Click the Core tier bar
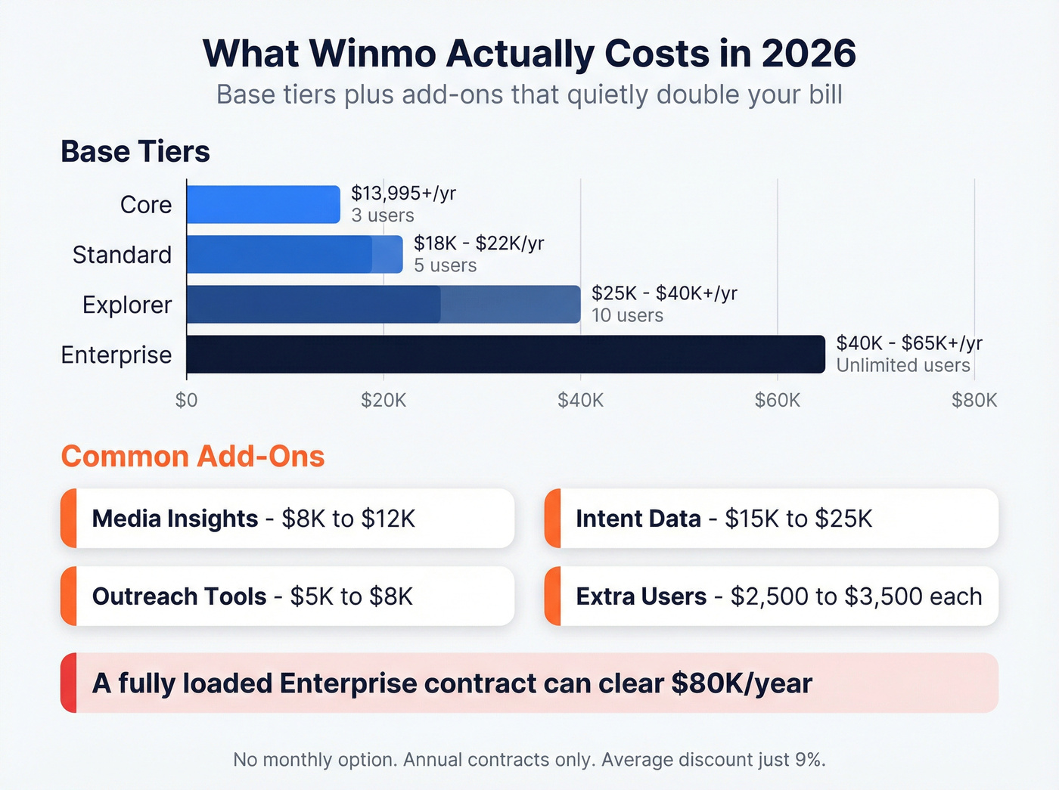pyautogui.click(x=263, y=204)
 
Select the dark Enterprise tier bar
pyautogui.click(x=505, y=354)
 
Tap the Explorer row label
pyautogui.click(x=127, y=305)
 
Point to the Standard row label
pyautogui.click(x=122, y=255)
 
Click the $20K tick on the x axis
pyautogui.click(x=384, y=400)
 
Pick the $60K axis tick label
pyautogui.click(x=777, y=400)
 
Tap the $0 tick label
pyautogui.click(x=186, y=400)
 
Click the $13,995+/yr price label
pyautogui.click(x=403, y=194)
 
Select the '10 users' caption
pyautogui.click(x=627, y=315)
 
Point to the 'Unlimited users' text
pyautogui.click(x=902, y=365)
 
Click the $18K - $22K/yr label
pyautogui.click(x=479, y=243)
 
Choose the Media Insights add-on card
pyautogui.click(x=287, y=519)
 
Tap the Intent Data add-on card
pyautogui.click(x=772, y=519)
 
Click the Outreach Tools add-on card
pyautogui.click(x=287, y=596)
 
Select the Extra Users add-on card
pyautogui.click(x=772, y=596)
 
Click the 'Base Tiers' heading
pyautogui.click(x=135, y=151)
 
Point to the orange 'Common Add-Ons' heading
pyautogui.click(x=193, y=457)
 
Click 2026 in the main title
pyautogui.click(x=808, y=54)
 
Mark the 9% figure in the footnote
pyautogui.click(x=809, y=759)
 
